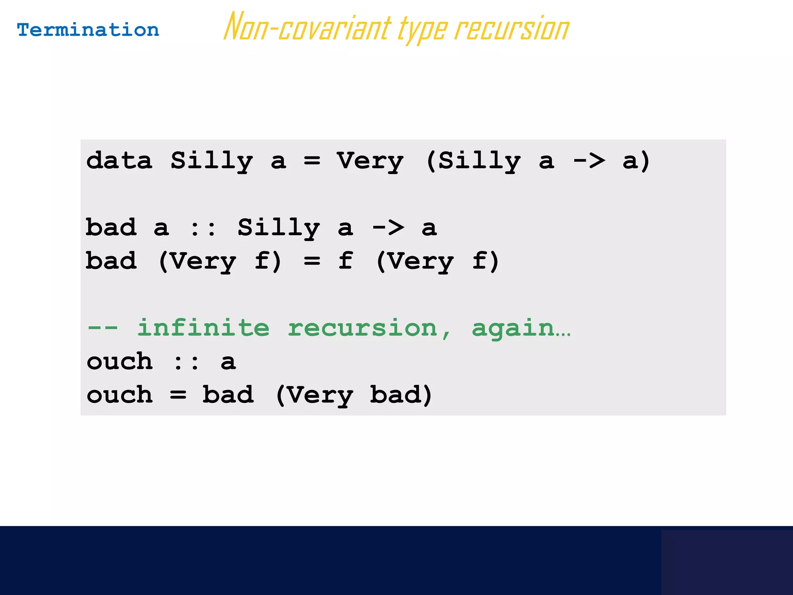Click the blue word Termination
[88, 30]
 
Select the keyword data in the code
[119, 161]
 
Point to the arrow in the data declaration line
[589, 161]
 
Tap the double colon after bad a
[203, 228]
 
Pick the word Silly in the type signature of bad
[278, 228]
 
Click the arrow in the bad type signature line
[388, 228]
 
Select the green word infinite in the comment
[203, 328]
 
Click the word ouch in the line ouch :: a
[120, 362]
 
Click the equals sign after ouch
[178, 395]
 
